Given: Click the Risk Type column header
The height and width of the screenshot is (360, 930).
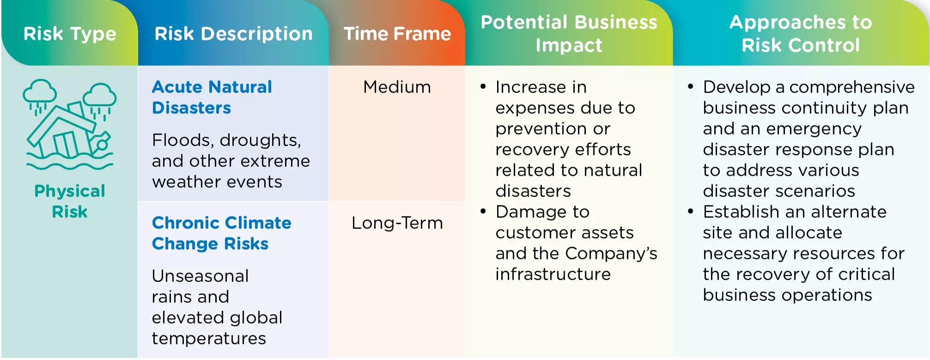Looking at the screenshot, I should tap(70, 34).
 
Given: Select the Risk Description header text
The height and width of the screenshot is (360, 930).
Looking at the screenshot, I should tap(233, 34).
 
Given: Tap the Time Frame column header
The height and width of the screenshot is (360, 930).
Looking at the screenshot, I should tap(397, 34).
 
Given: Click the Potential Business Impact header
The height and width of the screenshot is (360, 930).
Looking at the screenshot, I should tap(569, 33).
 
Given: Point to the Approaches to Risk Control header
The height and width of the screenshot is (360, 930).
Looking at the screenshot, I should tap(800, 33).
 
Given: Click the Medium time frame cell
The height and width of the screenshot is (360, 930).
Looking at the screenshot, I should tap(397, 87).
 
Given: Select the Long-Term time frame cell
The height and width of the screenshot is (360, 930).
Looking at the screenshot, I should tap(397, 223).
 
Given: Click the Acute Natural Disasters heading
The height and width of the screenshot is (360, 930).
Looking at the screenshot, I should tap(212, 97).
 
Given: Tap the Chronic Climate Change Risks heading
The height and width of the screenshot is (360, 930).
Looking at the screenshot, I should tap(221, 233).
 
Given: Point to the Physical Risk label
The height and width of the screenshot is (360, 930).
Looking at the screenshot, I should tap(70, 201).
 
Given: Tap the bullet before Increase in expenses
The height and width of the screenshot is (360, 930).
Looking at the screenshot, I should tap(483, 87).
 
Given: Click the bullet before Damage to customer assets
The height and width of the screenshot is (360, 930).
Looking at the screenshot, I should tap(483, 212).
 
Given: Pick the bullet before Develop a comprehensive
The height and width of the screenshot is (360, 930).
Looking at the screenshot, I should tap(691, 87).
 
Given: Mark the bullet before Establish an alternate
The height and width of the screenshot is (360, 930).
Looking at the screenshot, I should tap(691, 212).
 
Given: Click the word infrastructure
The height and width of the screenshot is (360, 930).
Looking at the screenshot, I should tap(553, 274).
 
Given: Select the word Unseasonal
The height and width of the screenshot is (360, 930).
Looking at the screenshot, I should tap(200, 276).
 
